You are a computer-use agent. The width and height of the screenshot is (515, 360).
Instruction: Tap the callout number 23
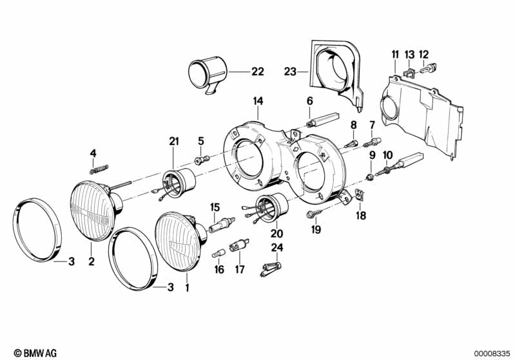(289, 72)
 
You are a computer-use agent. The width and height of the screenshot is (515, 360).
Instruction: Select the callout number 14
(258, 101)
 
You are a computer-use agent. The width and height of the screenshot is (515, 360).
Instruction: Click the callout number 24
(277, 247)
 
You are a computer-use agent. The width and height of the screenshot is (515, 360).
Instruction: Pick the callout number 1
(188, 288)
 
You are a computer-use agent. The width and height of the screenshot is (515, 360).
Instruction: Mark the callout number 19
(316, 229)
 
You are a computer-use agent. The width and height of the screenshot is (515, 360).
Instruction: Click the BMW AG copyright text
(32, 353)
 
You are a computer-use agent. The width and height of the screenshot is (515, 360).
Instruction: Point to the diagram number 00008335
(491, 353)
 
